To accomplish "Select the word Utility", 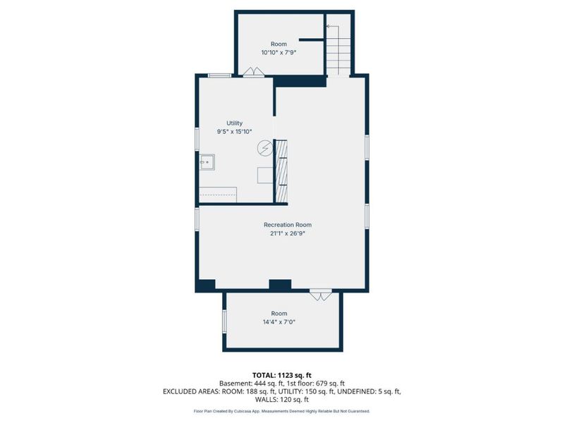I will pos(235,123).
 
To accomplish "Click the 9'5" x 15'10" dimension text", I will pos(235,132).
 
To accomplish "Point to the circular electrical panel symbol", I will pos(265,149).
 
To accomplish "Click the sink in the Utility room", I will pos(207,163).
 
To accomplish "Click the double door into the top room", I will pos(252,72).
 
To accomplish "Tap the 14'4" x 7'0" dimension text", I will pos(279,322).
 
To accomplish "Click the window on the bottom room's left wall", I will pos(224,321).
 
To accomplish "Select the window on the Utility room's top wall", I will pos(219,75).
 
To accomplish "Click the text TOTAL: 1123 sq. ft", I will pos(281,374).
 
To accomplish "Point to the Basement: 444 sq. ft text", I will pos(249,383).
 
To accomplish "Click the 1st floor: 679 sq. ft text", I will pos(314,383).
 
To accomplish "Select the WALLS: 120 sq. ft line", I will pos(281,400).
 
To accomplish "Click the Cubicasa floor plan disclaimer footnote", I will pos(281,411).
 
